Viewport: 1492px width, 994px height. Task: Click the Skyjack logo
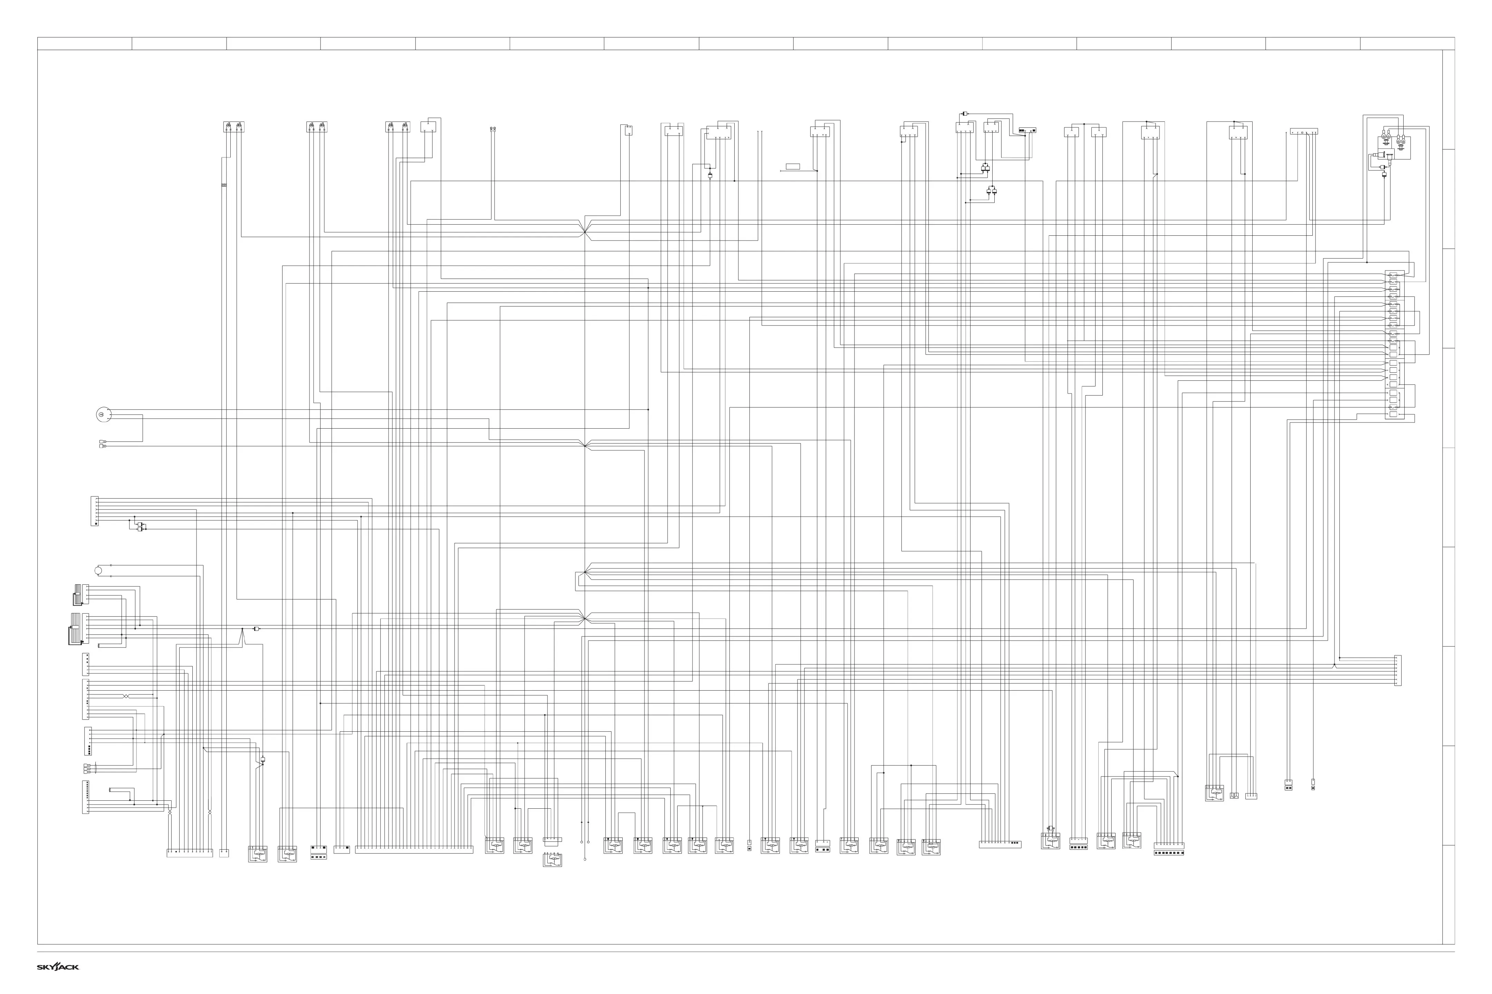coord(58,967)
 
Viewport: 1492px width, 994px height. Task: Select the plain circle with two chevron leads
coord(98,571)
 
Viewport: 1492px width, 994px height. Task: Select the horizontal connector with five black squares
coord(1078,847)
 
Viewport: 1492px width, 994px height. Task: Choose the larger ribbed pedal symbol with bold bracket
coord(76,629)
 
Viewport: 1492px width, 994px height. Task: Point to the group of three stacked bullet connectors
coord(87,769)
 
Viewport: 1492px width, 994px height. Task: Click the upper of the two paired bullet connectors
coord(103,441)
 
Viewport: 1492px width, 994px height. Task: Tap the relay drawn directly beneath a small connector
coord(552,860)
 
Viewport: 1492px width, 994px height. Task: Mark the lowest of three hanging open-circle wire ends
coord(585,859)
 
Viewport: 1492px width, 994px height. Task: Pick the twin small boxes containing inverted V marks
coord(1234,796)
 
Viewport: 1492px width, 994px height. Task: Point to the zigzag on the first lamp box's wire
coord(223,185)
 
